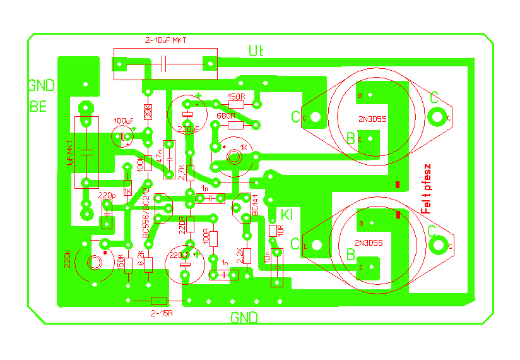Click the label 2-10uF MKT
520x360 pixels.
(x=165, y=40)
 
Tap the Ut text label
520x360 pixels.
(x=256, y=51)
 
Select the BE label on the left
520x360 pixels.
(x=38, y=107)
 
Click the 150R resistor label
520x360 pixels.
(x=236, y=97)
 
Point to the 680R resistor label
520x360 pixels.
(x=225, y=116)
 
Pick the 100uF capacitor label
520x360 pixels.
(x=123, y=121)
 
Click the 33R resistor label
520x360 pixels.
(x=149, y=112)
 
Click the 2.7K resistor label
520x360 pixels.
(x=181, y=172)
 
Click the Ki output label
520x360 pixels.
(x=287, y=215)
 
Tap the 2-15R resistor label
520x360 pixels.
(x=162, y=313)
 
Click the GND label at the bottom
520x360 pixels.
(x=244, y=317)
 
